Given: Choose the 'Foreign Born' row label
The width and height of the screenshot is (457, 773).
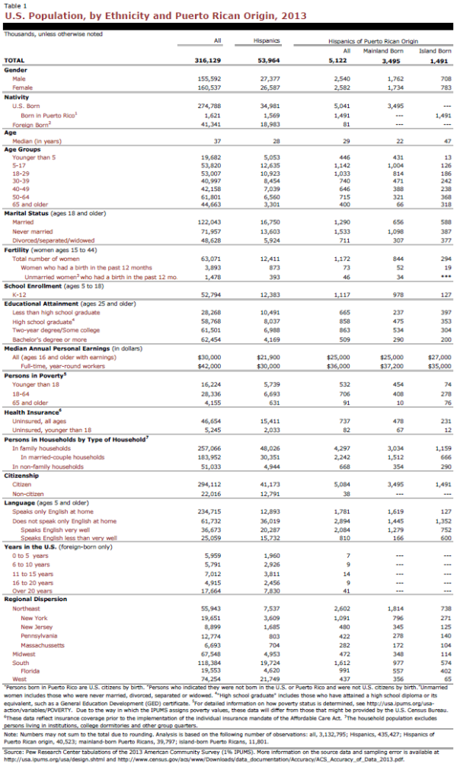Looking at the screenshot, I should tap(31, 123).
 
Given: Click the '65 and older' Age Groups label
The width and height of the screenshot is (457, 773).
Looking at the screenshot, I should tap(30, 204).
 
